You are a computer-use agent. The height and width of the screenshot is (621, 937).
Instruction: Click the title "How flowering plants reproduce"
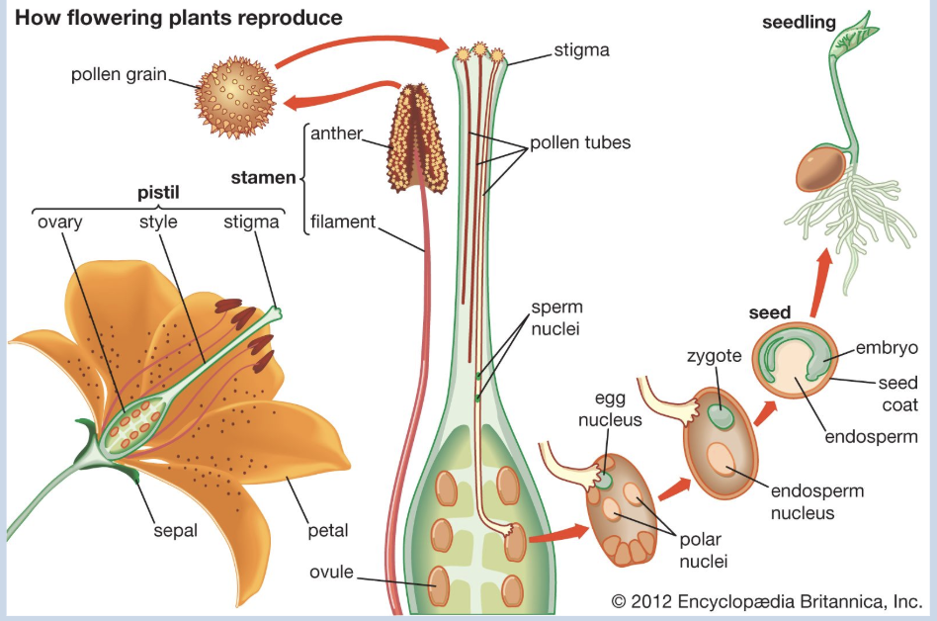coord(179,19)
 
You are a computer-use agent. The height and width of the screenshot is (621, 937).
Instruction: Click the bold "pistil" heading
coord(155,195)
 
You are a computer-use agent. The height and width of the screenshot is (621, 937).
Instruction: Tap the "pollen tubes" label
coord(579,143)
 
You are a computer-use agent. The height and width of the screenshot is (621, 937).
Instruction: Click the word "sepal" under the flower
coord(175,530)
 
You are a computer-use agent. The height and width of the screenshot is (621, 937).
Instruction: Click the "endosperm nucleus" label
coord(804,501)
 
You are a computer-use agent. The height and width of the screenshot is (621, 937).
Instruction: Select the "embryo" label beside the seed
coord(888,347)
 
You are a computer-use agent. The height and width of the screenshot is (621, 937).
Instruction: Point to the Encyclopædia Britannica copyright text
coord(766,600)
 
